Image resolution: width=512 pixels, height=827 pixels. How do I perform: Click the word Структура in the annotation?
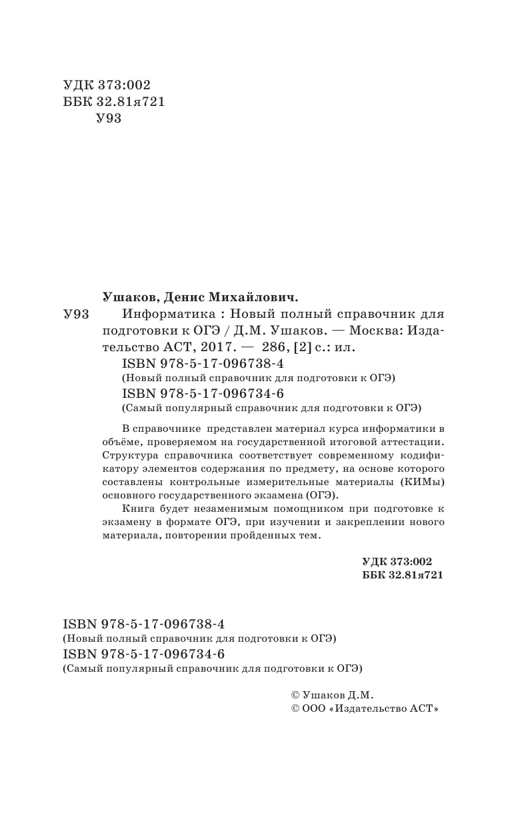pos(132,455)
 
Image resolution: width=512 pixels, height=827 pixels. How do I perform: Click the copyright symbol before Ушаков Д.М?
pos(288,694)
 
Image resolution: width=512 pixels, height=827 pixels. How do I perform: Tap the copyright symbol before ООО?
pos(288,710)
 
